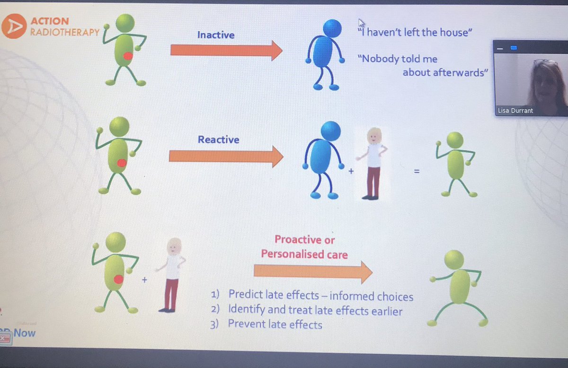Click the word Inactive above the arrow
(216, 35)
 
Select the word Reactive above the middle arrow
(218, 140)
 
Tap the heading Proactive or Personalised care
(304, 247)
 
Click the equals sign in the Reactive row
(417, 172)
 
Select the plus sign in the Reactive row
(351, 172)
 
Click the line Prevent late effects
(275, 325)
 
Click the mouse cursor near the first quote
(362, 23)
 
